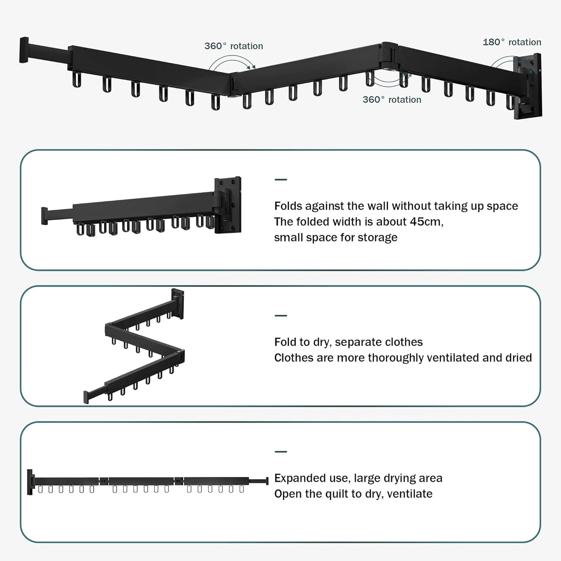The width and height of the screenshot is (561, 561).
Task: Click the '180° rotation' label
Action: (x=512, y=42)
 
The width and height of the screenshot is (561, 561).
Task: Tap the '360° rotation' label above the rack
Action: (x=234, y=46)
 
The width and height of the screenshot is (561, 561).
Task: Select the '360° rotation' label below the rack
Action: (x=392, y=100)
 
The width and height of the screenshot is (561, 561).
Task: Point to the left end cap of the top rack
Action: (x=24, y=50)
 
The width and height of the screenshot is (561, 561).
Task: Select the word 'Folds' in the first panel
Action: (x=288, y=206)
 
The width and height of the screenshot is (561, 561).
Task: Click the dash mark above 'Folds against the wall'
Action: (x=281, y=180)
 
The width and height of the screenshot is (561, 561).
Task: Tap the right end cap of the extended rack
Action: (x=267, y=481)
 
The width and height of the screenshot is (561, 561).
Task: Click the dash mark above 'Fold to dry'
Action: (x=281, y=316)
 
